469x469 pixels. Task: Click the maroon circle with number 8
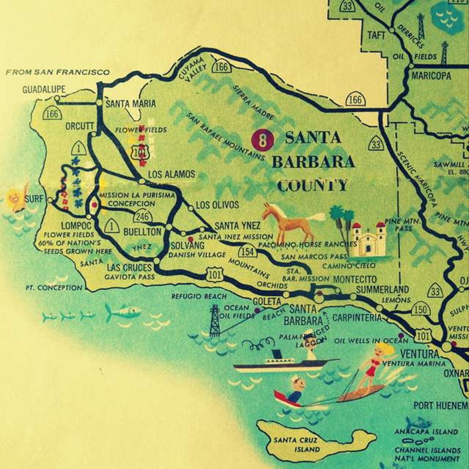[263, 140]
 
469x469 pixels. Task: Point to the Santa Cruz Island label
[295, 444]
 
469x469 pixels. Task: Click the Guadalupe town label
[44, 89]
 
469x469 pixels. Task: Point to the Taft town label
[376, 35]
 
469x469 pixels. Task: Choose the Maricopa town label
[431, 76]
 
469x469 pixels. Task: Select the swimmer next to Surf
[17, 198]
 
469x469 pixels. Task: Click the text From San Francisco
[57, 72]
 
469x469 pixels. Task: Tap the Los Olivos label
[217, 205]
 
